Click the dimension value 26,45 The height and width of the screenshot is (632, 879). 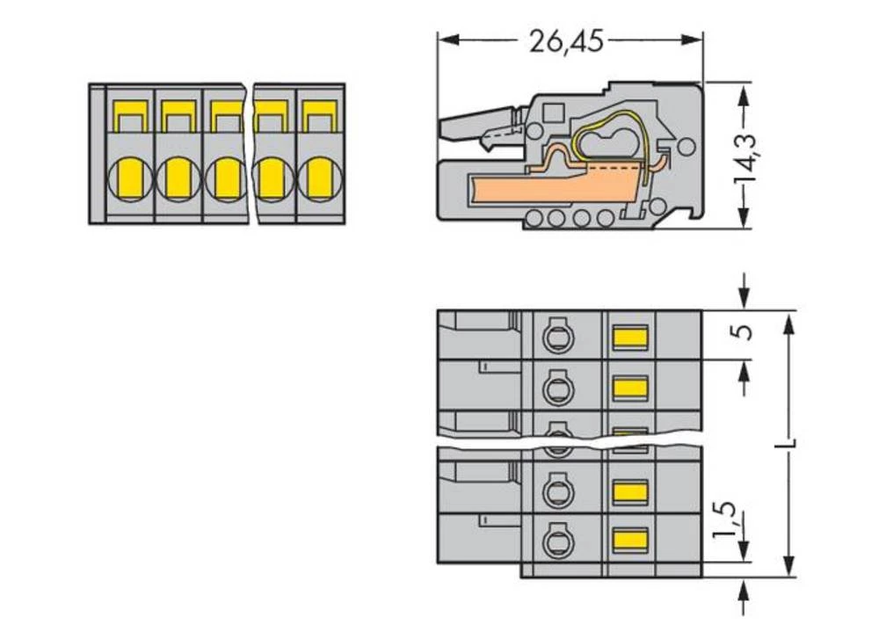[x=566, y=40]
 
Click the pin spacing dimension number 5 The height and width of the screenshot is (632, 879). [x=745, y=334]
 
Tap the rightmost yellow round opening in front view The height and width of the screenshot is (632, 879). [x=320, y=178]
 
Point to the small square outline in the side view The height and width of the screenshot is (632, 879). [x=554, y=113]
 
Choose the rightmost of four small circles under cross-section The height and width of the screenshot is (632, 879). [x=605, y=218]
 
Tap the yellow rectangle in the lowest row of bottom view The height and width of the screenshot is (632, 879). [x=629, y=540]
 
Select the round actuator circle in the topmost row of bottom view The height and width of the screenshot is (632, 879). [x=556, y=335]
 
